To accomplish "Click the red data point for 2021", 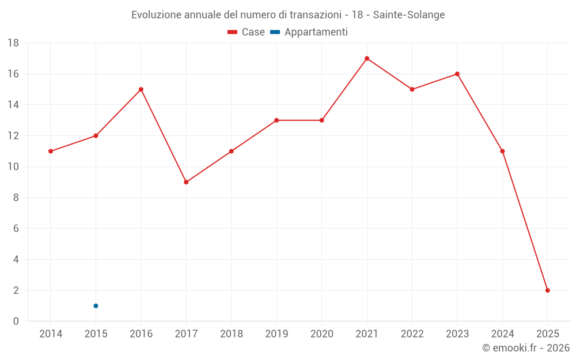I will click(x=367, y=58).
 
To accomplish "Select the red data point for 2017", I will click(x=186, y=182).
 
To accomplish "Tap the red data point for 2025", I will click(x=547, y=290).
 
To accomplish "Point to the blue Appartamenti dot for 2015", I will click(x=96, y=306).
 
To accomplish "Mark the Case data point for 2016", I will click(x=141, y=89).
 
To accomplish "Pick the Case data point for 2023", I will click(x=457, y=74).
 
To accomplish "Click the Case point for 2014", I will click(x=51, y=151).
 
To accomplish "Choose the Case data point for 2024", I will click(x=502, y=151).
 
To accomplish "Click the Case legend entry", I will click(x=247, y=32).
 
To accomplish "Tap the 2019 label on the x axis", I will click(x=276, y=334).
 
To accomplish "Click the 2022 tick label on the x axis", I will click(x=412, y=334).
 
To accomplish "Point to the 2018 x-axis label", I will click(x=232, y=334).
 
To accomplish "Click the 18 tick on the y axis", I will click(x=13, y=43).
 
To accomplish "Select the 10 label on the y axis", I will click(x=13, y=167).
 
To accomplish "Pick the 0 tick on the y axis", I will click(x=16, y=321).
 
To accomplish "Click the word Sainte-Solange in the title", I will click(x=409, y=15).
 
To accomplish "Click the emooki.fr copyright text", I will click(x=525, y=348).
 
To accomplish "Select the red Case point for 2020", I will click(x=322, y=120).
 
